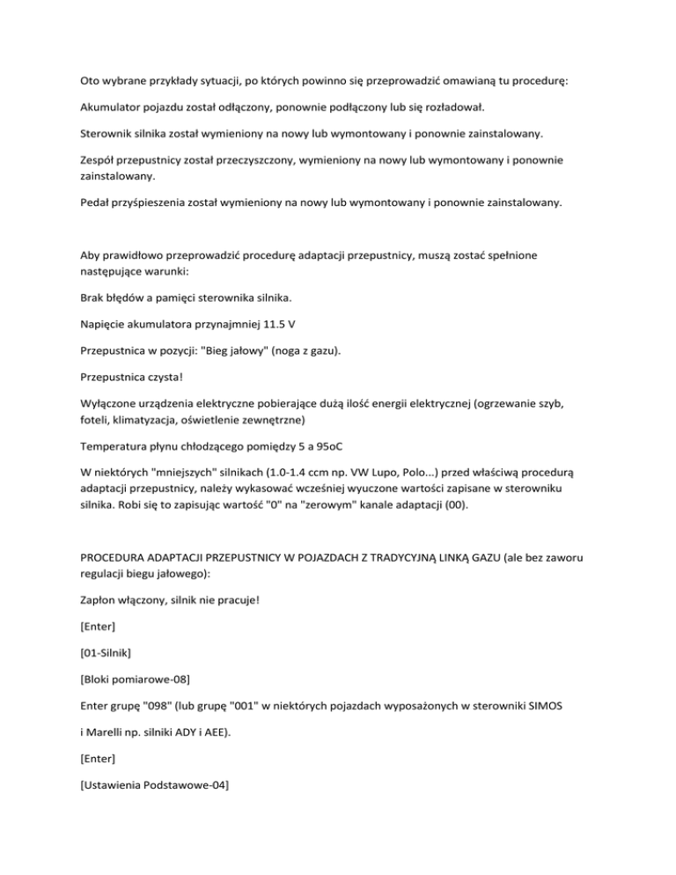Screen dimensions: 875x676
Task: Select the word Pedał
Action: click(x=95, y=202)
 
